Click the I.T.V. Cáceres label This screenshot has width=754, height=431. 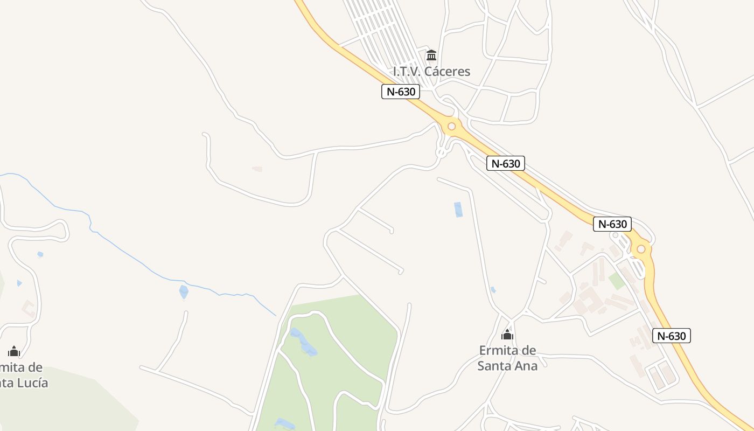[x=431, y=71]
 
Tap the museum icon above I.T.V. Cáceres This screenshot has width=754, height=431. [x=431, y=55]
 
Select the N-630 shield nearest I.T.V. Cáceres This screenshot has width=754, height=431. [x=401, y=92]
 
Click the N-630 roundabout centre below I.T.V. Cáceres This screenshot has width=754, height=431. [x=451, y=127]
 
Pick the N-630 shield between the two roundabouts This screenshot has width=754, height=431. [x=505, y=163]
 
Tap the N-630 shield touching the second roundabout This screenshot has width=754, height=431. [x=612, y=224]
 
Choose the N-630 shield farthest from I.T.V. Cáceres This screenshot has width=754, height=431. [x=671, y=336]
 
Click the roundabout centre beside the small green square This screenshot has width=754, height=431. [x=641, y=249]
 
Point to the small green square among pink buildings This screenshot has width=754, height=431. [x=617, y=280]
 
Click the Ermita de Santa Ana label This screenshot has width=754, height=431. [x=507, y=358]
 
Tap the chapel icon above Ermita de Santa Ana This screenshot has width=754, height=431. [x=507, y=335]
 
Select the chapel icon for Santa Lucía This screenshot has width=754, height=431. [x=14, y=352]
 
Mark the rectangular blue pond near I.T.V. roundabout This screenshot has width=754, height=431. [x=458, y=210]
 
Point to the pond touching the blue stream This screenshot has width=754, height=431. [x=184, y=292]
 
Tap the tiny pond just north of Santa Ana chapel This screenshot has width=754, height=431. [x=493, y=290]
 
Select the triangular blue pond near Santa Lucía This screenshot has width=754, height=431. [x=19, y=283]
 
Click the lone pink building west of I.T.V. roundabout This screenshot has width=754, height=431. [x=257, y=169]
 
